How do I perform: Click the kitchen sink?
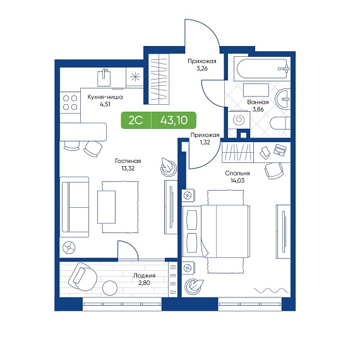[x=104, y=78]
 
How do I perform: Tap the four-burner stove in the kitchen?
[x=70, y=102]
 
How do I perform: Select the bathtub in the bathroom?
[x=262, y=68]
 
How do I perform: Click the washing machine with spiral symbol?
[x=239, y=119]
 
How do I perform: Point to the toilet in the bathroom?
[x=280, y=123]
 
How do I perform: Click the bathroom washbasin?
[x=283, y=99]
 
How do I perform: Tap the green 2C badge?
[x=136, y=120]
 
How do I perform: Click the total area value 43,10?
[x=174, y=120]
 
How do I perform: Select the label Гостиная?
[x=128, y=161]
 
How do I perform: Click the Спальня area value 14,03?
[x=237, y=181]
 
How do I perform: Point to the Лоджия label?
[x=144, y=275]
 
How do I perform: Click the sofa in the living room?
[x=75, y=207]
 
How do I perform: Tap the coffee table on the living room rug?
[x=106, y=207]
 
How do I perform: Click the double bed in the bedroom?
[x=216, y=231]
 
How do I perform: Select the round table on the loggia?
[x=110, y=288]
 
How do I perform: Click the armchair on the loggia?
[x=83, y=277]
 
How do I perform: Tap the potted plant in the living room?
[x=168, y=167]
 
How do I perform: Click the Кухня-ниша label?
[x=105, y=97]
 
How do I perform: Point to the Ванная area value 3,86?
[x=258, y=109]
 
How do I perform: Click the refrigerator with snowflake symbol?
[x=135, y=77]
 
